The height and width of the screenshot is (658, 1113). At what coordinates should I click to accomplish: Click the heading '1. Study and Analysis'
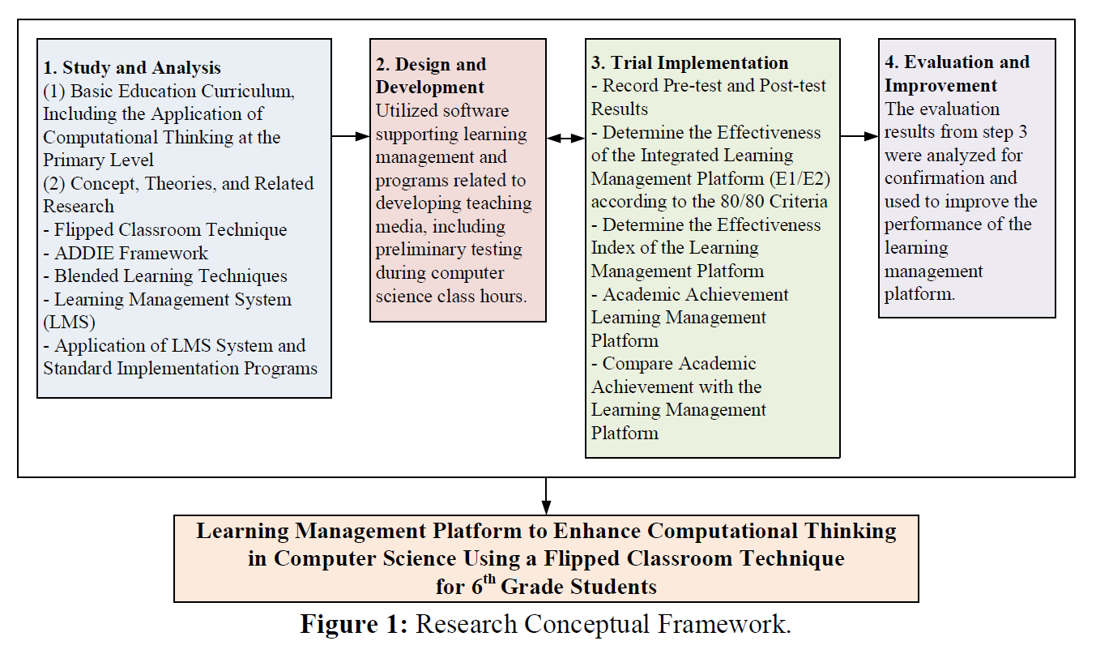132,68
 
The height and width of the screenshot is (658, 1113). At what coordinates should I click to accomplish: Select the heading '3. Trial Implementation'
689,63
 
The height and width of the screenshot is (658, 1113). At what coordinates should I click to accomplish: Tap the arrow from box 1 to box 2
350,137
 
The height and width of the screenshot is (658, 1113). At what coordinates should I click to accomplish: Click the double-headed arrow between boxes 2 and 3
565,139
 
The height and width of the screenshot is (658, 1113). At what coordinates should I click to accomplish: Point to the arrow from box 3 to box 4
859,137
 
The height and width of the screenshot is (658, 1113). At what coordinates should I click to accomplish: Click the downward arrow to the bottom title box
546,495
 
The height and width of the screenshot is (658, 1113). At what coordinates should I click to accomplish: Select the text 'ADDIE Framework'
130,254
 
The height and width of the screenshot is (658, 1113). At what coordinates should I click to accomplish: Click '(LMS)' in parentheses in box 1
70,323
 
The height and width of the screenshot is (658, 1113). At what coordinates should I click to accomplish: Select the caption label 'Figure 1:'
354,625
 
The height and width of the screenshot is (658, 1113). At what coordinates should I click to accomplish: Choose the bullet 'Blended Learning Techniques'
170,276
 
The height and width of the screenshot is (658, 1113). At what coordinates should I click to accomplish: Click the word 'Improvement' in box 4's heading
940,86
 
